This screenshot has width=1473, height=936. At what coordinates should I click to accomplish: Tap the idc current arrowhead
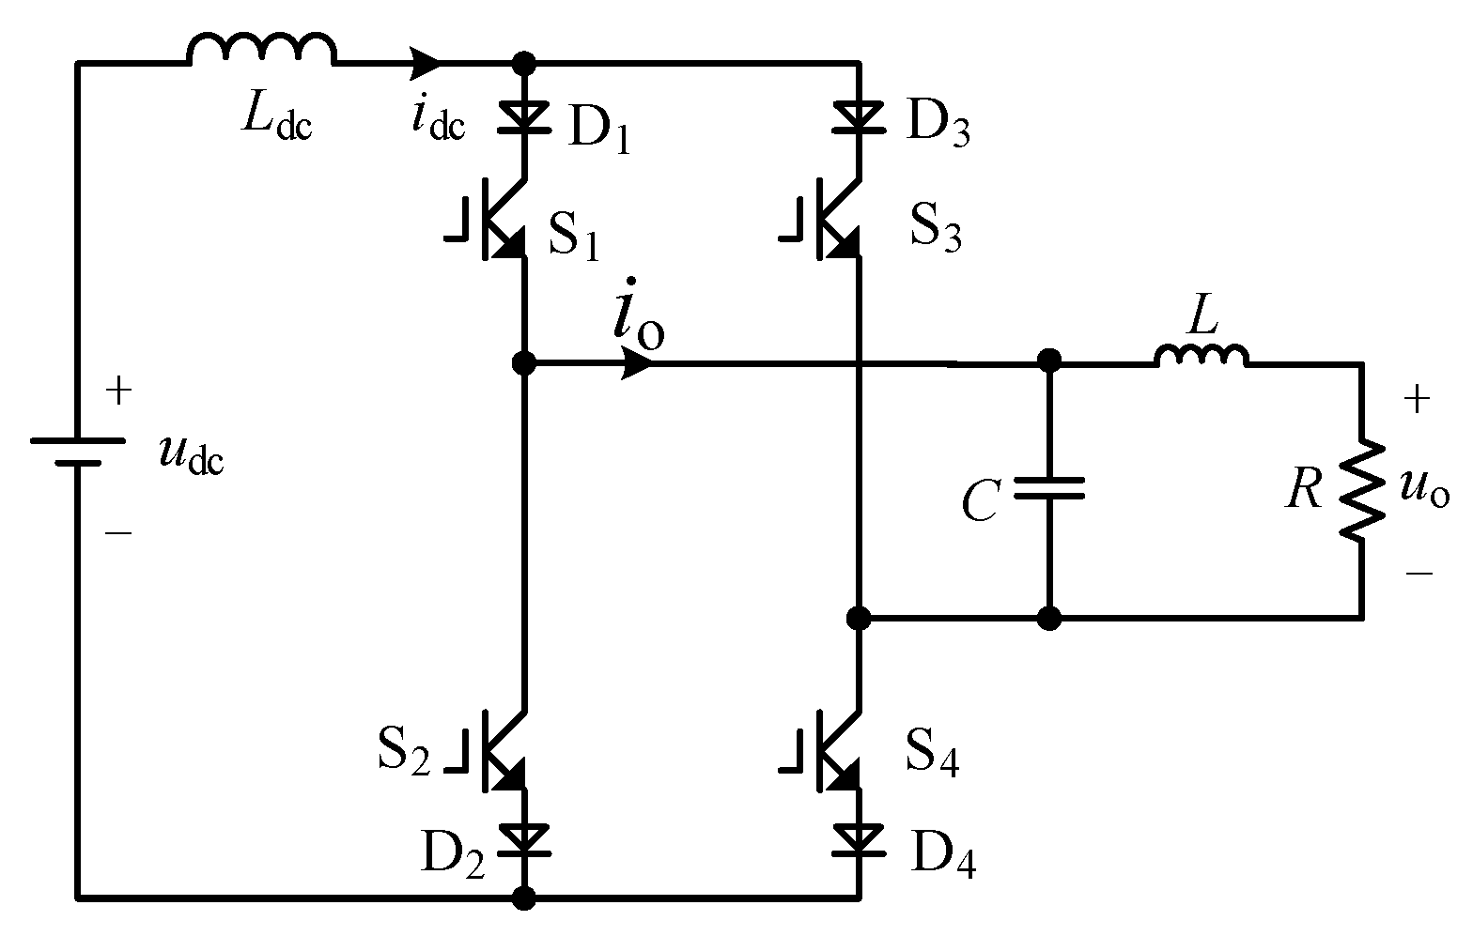(x=426, y=63)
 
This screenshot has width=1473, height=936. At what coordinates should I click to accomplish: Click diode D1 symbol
(x=524, y=116)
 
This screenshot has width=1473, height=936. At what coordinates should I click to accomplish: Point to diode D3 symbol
(x=859, y=116)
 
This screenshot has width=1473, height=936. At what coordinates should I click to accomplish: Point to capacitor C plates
(x=1049, y=487)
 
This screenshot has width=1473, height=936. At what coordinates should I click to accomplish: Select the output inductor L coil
(x=1202, y=355)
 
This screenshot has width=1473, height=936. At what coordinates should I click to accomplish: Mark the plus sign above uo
(x=1417, y=401)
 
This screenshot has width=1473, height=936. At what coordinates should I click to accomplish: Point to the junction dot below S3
(x=858, y=618)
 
